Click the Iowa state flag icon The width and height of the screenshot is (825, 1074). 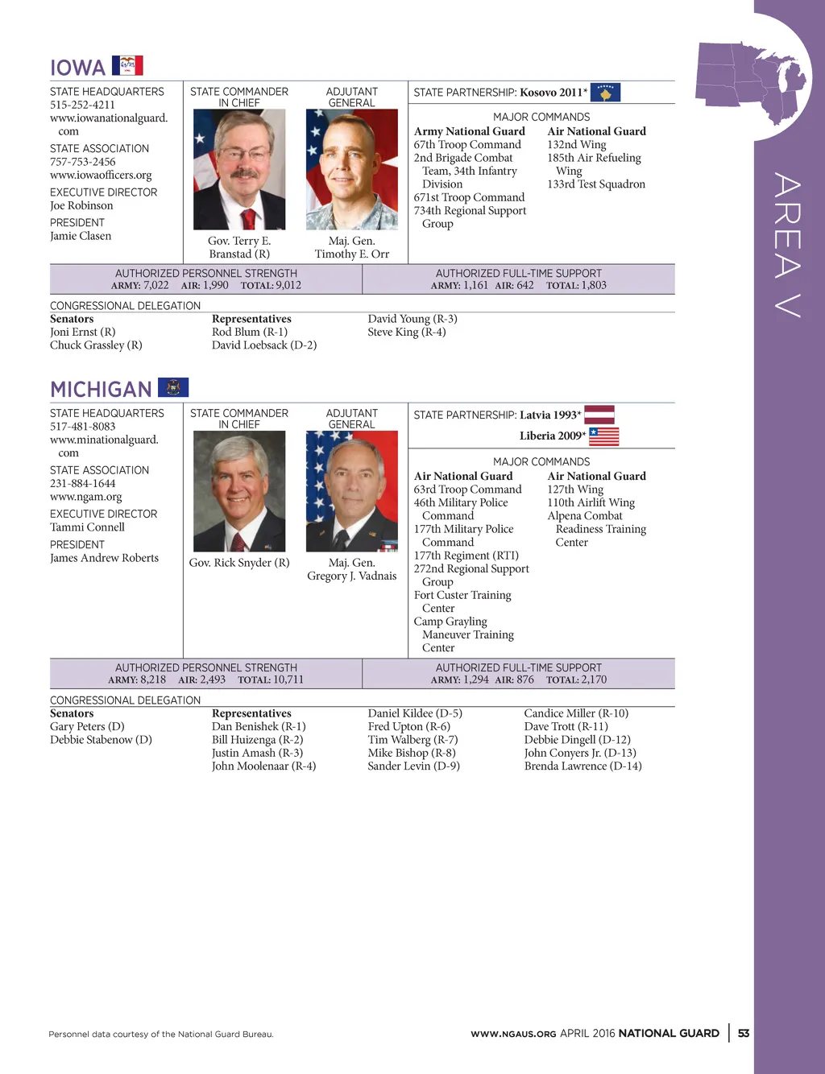coord(127,65)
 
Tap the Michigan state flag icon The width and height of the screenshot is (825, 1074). coord(173,387)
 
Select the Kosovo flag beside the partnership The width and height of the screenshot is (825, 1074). coord(605,93)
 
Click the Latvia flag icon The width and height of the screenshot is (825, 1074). coord(599,415)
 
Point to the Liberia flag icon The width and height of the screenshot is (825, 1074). coord(603,436)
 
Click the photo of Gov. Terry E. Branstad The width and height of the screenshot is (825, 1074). coord(239,169)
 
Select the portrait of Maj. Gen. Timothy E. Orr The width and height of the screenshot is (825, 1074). coord(352,169)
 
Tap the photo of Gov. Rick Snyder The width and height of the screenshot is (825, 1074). coord(239,491)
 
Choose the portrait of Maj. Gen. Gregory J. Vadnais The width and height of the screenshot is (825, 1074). coord(352,491)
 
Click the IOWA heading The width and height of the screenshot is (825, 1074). coord(78,68)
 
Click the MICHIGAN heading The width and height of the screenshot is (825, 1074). coord(101,390)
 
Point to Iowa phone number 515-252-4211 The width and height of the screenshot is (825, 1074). coord(82,105)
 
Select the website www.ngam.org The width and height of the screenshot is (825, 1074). coord(86,497)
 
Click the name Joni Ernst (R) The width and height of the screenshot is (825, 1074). coord(83,332)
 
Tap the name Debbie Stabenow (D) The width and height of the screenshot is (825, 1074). coord(101,739)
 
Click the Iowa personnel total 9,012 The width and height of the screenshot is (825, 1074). coord(288,285)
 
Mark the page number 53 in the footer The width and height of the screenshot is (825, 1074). coord(743,1033)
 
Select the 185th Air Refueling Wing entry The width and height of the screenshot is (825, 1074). coord(594,164)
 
